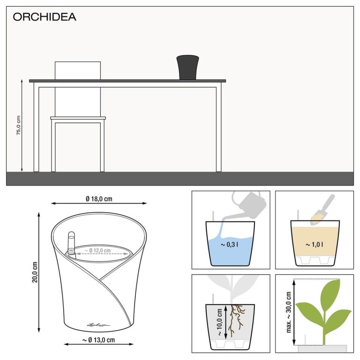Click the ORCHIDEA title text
(44, 17)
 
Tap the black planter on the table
(188, 67)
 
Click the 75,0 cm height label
(19, 125)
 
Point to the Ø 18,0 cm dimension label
(99, 199)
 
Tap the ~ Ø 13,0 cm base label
(99, 339)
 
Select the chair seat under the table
(78, 118)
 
